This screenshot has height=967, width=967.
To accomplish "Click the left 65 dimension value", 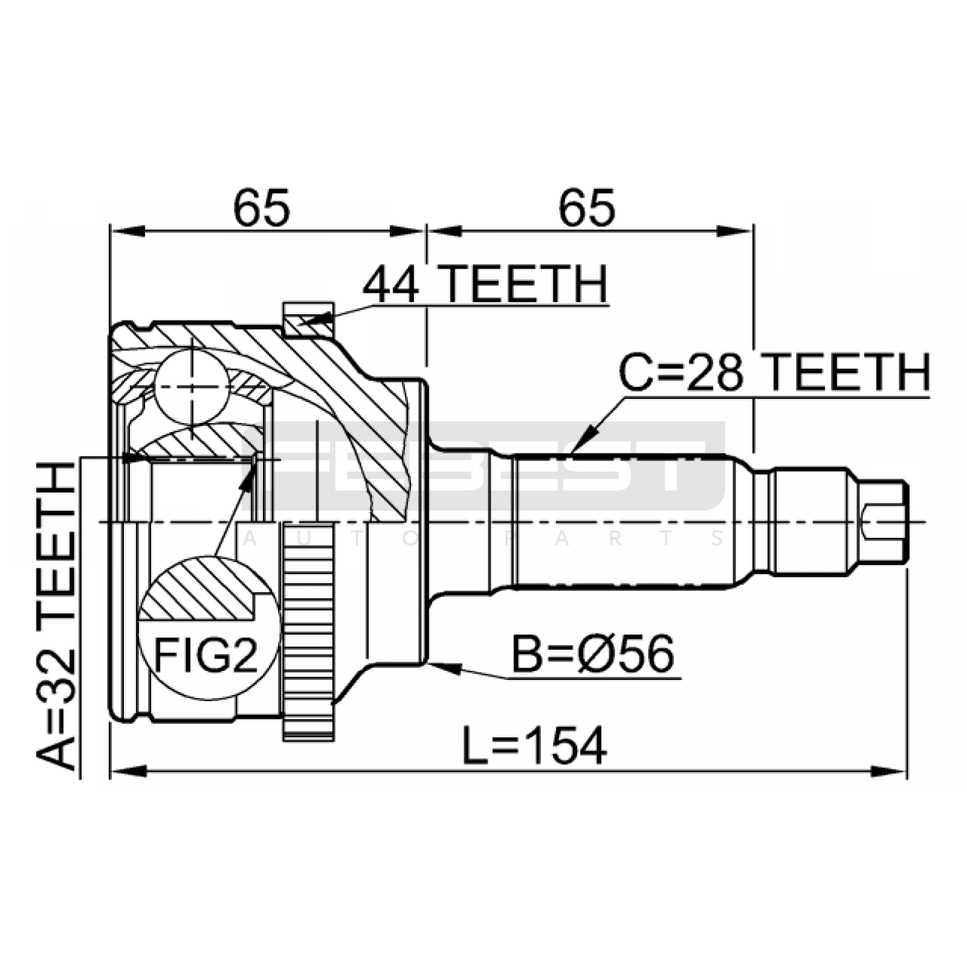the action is (x=262, y=207).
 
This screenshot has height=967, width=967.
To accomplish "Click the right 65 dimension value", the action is (x=586, y=207).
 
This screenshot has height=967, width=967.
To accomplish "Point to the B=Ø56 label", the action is (x=592, y=655).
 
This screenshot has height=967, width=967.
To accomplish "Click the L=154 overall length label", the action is (x=534, y=746).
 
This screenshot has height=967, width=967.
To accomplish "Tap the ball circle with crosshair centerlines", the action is (x=192, y=387).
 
